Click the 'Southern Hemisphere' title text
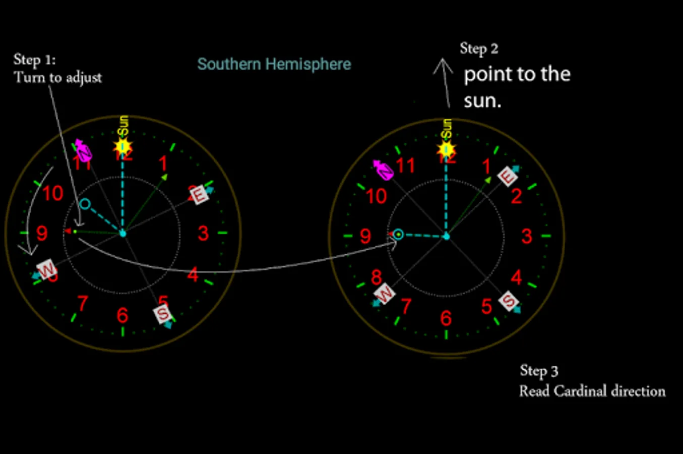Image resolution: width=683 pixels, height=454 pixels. (274, 65)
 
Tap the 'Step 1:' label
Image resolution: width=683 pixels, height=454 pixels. (34, 60)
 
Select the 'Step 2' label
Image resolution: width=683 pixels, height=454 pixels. (479, 48)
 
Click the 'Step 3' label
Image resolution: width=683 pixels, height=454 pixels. (539, 371)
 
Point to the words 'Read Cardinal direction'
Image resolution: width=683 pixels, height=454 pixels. (592, 391)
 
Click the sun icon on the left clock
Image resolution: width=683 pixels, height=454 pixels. (122, 147)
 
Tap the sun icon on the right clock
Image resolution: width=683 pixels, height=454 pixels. (446, 150)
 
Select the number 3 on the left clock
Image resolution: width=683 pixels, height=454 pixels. (203, 233)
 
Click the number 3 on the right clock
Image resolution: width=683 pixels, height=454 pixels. (527, 236)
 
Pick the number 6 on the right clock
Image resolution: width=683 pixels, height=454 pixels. (446, 318)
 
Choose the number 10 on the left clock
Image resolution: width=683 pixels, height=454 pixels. (53, 193)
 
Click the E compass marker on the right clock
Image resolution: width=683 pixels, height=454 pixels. (507, 176)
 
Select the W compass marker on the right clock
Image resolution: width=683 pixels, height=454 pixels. (384, 293)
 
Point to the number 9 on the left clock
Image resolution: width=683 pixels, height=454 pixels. (42, 234)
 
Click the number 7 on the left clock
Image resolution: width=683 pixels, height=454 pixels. (83, 304)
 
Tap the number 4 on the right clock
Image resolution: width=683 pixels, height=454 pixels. (516, 277)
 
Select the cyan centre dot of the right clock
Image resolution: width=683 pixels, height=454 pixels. (446, 236)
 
